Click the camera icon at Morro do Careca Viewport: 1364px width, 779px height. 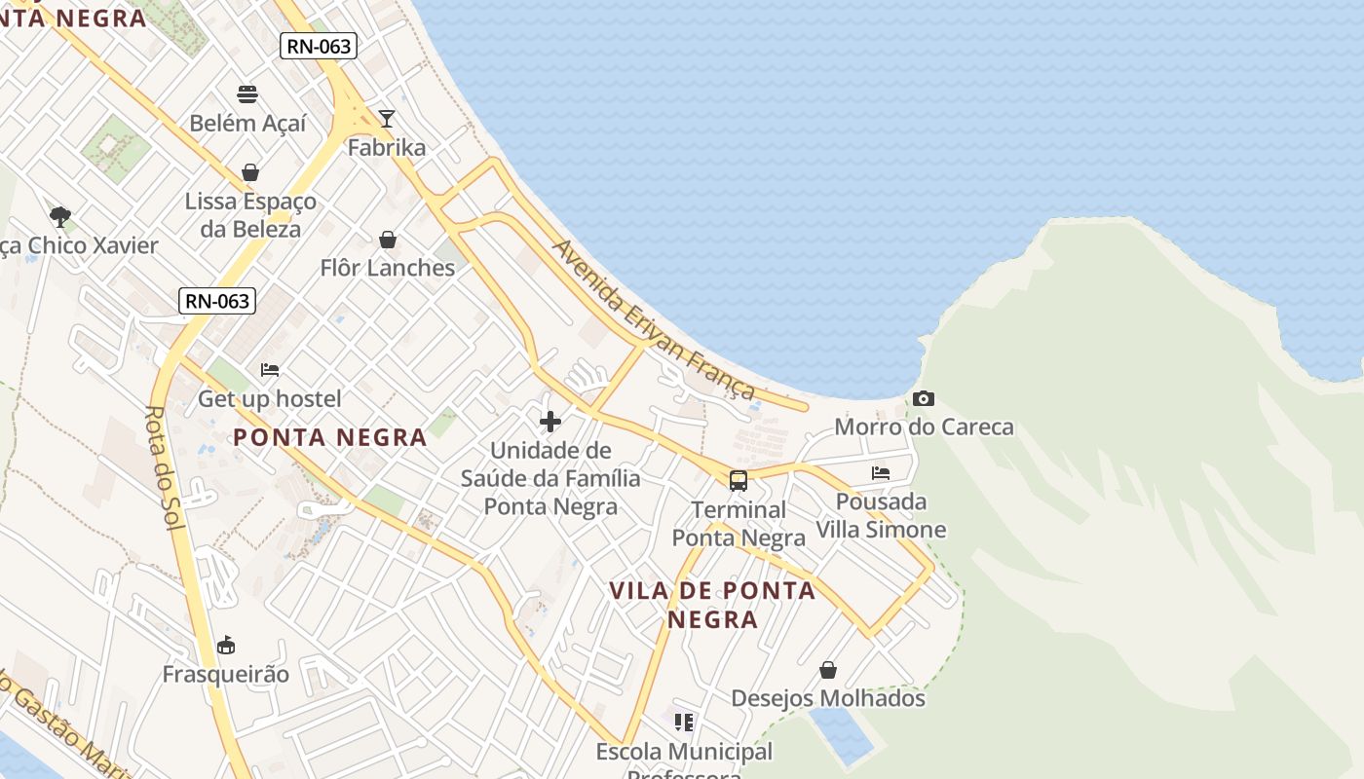(x=924, y=398)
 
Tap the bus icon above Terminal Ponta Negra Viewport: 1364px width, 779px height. (x=739, y=480)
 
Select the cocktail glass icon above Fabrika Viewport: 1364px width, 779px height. (x=387, y=119)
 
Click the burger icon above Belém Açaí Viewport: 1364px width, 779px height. (x=247, y=94)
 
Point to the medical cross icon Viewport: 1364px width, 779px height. (x=550, y=422)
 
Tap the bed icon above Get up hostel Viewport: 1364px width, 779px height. (x=270, y=370)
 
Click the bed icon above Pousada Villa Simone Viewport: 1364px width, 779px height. (x=881, y=473)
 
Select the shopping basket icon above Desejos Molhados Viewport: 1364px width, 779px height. (x=827, y=670)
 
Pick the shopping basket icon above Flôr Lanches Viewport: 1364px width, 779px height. (x=388, y=240)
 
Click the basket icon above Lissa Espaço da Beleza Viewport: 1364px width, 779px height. (x=250, y=172)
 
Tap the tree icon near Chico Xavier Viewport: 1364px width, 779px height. (x=60, y=216)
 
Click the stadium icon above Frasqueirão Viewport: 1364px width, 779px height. (x=226, y=645)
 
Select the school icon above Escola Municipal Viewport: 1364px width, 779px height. (x=684, y=723)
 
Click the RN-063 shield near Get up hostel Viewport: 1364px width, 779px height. (x=217, y=301)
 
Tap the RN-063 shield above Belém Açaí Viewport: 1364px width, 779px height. (x=319, y=46)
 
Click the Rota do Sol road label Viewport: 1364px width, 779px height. (x=163, y=467)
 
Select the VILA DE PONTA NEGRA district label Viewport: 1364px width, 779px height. (x=712, y=605)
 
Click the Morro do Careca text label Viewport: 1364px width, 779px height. (x=924, y=427)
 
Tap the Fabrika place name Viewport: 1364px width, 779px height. (x=387, y=148)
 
